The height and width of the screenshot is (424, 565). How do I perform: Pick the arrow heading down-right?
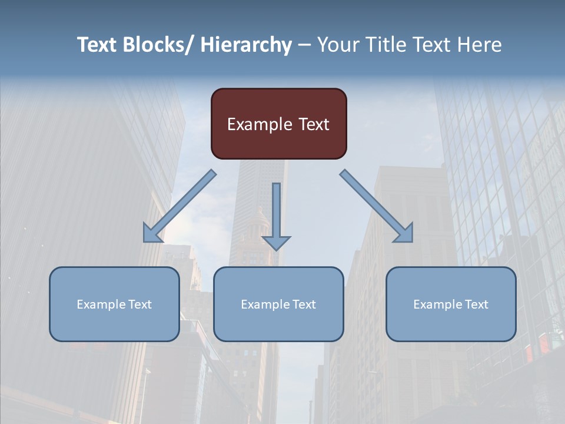[377, 207]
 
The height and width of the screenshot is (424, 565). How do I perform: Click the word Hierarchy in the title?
[246, 45]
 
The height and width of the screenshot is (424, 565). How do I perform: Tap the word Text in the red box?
[314, 124]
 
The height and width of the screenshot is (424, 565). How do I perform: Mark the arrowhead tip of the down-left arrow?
[145, 241]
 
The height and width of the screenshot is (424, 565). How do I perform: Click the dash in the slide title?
[304, 45]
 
